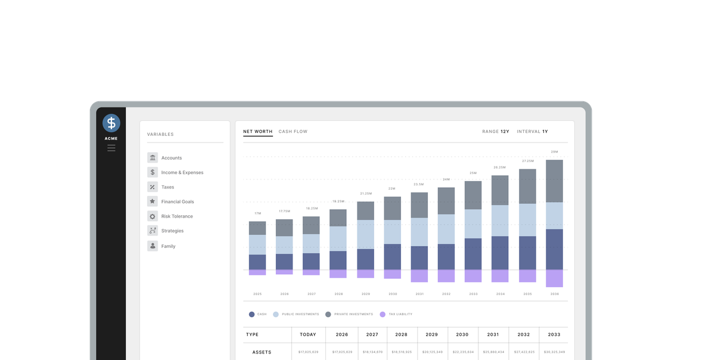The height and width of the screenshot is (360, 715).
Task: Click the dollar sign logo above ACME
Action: [111, 123]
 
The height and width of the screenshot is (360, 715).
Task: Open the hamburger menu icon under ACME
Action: [111, 148]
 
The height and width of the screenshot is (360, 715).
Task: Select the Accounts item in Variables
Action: [171, 158]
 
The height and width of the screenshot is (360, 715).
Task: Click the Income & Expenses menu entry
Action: [182, 173]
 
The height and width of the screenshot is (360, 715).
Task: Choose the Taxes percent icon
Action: [153, 187]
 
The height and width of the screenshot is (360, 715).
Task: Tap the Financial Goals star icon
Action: [153, 201]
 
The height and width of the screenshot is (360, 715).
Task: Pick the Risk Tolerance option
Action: [176, 216]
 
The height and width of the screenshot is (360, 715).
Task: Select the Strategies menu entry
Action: [172, 231]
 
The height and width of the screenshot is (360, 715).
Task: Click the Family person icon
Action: [153, 246]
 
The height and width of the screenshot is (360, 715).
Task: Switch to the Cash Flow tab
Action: [293, 132]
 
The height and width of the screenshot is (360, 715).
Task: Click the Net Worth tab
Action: [257, 132]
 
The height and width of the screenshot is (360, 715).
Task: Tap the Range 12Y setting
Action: [496, 132]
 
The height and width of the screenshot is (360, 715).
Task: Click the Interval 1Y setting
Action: [532, 132]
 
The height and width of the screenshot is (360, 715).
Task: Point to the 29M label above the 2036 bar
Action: [554, 152]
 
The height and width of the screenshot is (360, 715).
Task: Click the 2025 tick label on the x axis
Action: [257, 294]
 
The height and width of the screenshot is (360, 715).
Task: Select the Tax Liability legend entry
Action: [400, 314]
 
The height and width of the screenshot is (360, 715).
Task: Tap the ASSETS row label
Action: [262, 352]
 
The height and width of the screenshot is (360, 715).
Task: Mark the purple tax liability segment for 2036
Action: [554, 278]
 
